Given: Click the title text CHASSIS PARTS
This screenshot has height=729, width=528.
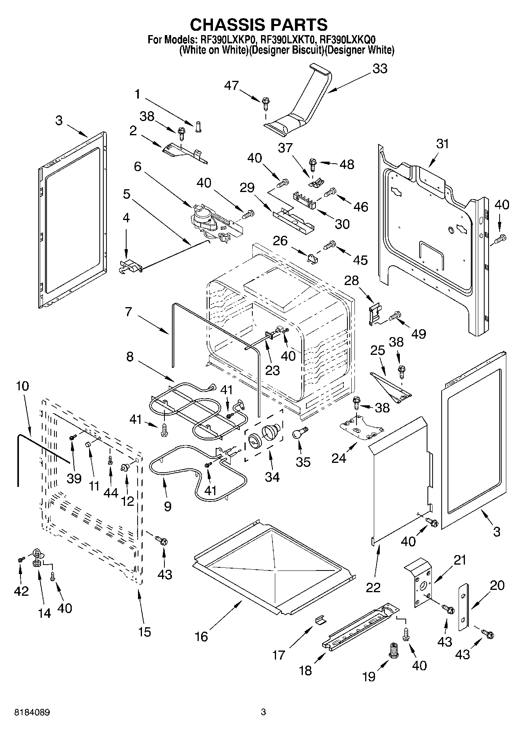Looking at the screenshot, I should tap(259, 24).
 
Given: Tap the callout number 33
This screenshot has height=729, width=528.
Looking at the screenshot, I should tap(380, 69).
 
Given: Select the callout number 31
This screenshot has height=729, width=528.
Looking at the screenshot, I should tap(442, 144).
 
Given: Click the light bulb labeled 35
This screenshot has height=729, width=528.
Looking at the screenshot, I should tap(299, 433).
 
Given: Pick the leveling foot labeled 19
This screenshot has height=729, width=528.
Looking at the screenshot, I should tap(393, 649).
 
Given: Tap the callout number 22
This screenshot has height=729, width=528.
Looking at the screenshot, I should tap(373, 587).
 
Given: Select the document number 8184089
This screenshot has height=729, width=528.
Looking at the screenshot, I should tap(32, 712).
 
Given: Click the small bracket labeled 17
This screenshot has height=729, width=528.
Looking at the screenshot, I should tap(321, 620).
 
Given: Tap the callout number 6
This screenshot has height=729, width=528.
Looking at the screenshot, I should tap(137, 166).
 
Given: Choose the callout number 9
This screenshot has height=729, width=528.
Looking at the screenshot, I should tap(167, 506).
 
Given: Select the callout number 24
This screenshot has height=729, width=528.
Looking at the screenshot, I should tap(339, 458).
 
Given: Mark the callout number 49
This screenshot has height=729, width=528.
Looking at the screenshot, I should tap(418, 334).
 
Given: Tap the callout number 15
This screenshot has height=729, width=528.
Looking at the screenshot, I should tap(145, 632).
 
